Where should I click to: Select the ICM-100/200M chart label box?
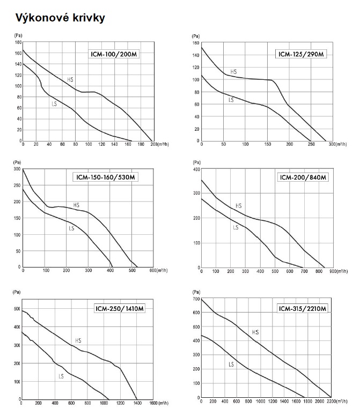(114, 54)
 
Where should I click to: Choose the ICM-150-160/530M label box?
(105, 178)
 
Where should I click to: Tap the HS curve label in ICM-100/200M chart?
(70, 79)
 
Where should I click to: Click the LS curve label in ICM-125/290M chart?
(231, 100)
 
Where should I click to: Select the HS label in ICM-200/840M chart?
(239, 205)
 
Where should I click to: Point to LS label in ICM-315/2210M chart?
(231, 365)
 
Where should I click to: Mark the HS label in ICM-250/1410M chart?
(78, 340)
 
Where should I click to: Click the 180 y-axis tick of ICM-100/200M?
(18, 42)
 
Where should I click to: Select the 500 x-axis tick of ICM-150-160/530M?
(132, 271)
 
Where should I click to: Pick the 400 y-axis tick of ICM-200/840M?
(196, 169)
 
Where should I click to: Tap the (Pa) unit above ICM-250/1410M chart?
(17, 293)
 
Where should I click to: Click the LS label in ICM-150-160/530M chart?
(71, 229)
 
